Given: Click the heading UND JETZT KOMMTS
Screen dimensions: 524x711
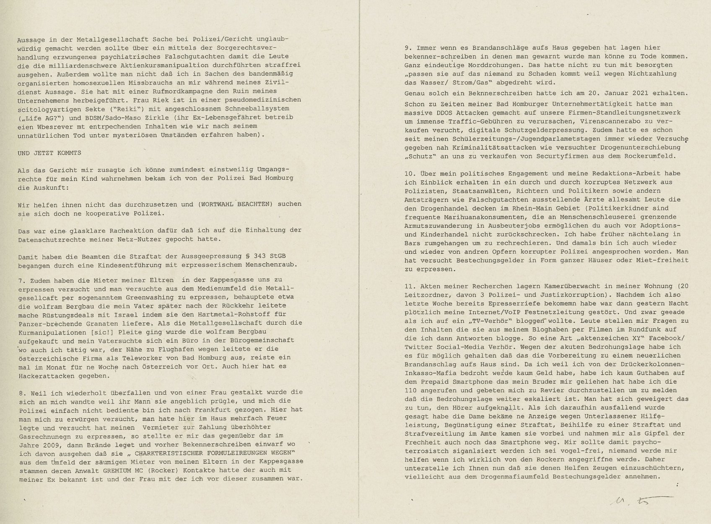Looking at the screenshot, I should click(49, 153).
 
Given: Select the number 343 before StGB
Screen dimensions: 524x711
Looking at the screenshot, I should click(250, 256).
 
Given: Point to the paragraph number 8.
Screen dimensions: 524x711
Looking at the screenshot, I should click(22, 392).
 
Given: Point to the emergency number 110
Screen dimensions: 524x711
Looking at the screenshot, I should click(412, 390).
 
